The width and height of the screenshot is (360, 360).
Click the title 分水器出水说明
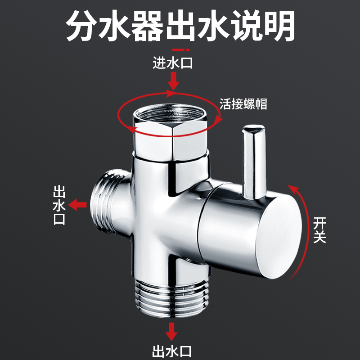[180, 26]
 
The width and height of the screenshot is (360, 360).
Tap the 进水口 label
[172, 63]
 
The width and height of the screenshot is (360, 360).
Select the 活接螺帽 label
[243, 104]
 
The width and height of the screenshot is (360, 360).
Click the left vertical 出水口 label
[59, 206]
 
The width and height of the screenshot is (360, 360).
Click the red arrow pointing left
[80, 205]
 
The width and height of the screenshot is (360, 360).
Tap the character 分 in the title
[82, 26]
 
